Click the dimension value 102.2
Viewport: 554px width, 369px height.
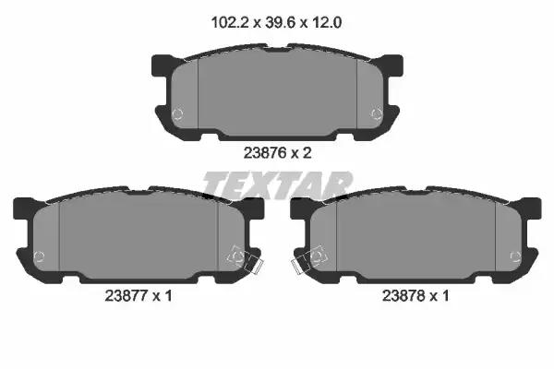point(229,23)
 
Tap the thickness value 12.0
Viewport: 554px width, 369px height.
point(326,23)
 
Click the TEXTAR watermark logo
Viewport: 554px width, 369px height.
point(277,184)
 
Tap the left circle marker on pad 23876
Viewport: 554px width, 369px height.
point(177,113)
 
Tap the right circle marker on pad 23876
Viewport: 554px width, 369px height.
point(377,113)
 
